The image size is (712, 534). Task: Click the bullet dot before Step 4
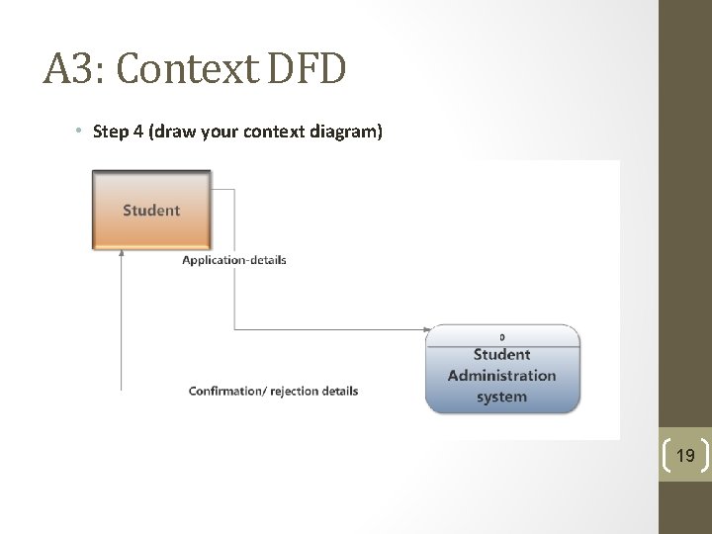pyautogui.click(x=77, y=132)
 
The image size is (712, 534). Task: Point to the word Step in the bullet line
pyautogui.click(x=110, y=131)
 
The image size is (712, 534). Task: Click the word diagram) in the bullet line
pyautogui.click(x=351, y=131)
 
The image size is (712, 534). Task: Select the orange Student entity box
pyautogui.click(x=151, y=210)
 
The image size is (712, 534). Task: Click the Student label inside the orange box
pyautogui.click(x=151, y=210)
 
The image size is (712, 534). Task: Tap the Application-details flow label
pyautogui.click(x=234, y=260)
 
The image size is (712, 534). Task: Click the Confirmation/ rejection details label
pyautogui.click(x=273, y=391)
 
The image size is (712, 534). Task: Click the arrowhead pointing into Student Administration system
pyautogui.click(x=427, y=329)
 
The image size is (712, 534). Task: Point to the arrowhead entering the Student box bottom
pyautogui.click(x=122, y=253)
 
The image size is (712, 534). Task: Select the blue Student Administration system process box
pyautogui.click(x=501, y=368)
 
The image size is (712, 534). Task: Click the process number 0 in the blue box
pyautogui.click(x=502, y=337)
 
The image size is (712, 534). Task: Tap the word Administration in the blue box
pyautogui.click(x=501, y=376)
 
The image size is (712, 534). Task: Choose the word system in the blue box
pyautogui.click(x=501, y=397)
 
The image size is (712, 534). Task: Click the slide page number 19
pyautogui.click(x=684, y=456)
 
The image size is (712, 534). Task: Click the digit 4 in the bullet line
pyautogui.click(x=135, y=131)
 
